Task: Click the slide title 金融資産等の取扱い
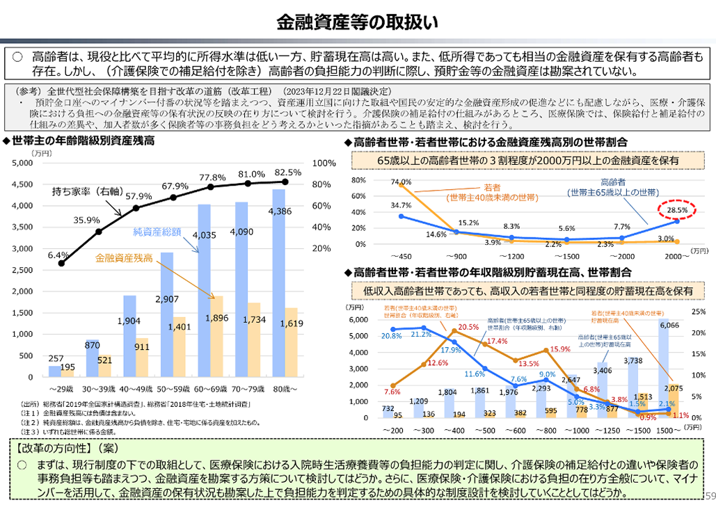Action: (x=358, y=22)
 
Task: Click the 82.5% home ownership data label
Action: (x=288, y=173)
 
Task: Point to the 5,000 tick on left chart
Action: (x=23, y=163)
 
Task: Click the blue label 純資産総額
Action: (x=157, y=232)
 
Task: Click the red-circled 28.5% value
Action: (x=677, y=209)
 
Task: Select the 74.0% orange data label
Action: (x=401, y=182)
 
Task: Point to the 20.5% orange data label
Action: (x=469, y=327)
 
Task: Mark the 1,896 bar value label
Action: (x=213, y=319)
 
